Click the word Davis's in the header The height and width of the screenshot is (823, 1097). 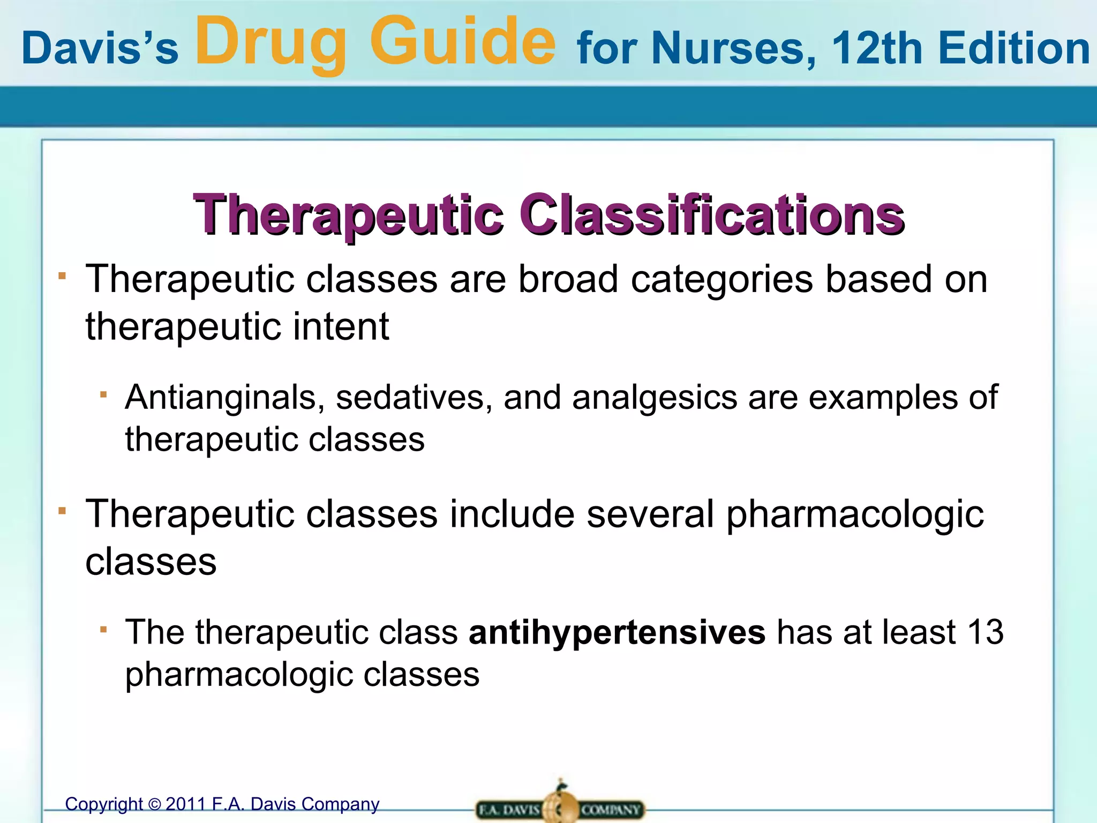point(100,48)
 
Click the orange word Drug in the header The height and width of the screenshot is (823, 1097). point(271,43)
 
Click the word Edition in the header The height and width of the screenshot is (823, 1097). point(1013,48)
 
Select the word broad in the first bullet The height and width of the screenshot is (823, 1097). point(568,279)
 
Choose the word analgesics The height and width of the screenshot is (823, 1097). point(655,397)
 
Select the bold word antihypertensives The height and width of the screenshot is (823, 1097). point(617,632)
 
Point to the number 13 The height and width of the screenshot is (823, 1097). point(986,632)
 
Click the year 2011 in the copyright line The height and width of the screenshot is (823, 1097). point(186,804)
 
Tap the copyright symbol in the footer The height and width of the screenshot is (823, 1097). point(154,804)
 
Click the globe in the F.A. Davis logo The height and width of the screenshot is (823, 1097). point(560,807)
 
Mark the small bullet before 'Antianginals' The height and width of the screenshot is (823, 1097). point(104,395)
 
